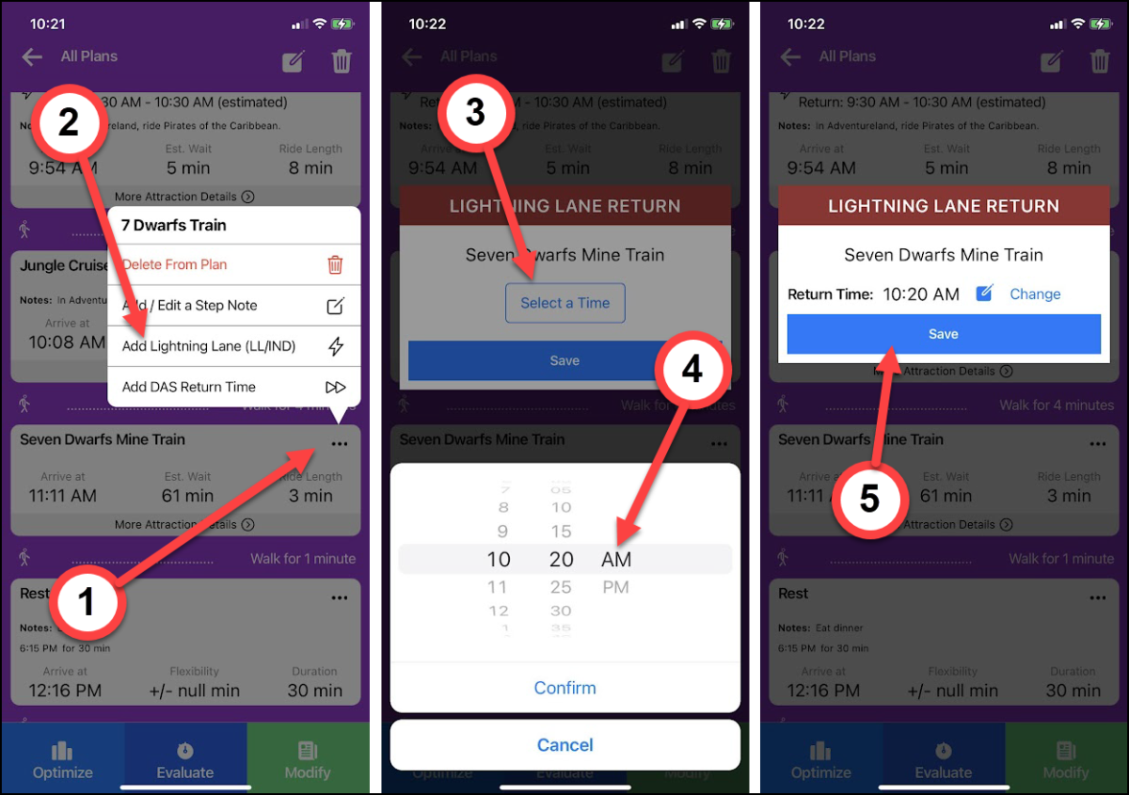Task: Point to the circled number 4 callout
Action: [x=692, y=370]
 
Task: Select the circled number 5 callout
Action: [x=868, y=498]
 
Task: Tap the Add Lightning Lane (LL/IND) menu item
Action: [x=209, y=346]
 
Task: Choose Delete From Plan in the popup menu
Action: [x=175, y=264]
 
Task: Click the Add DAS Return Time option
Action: [x=189, y=387]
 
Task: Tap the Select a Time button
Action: [x=564, y=303]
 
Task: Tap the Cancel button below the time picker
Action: [x=564, y=745]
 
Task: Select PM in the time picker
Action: [x=614, y=587]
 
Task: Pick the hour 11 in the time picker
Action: [x=499, y=587]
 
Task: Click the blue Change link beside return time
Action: [x=1035, y=294]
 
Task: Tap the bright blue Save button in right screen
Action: [x=944, y=334]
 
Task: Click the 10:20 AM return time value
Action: [x=920, y=294]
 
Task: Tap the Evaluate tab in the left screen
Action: [x=185, y=760]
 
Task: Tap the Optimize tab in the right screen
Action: [x=820, y=760]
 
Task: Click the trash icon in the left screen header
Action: [x=341, y=61]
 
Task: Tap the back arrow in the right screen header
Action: [x=790, y=57]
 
